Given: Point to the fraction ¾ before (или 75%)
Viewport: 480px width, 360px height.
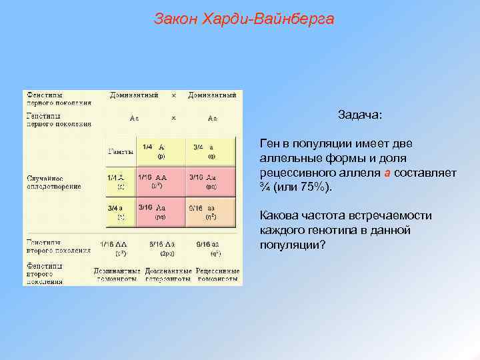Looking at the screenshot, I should pos(265,187).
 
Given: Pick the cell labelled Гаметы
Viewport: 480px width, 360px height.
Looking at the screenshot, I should pos(120,151).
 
